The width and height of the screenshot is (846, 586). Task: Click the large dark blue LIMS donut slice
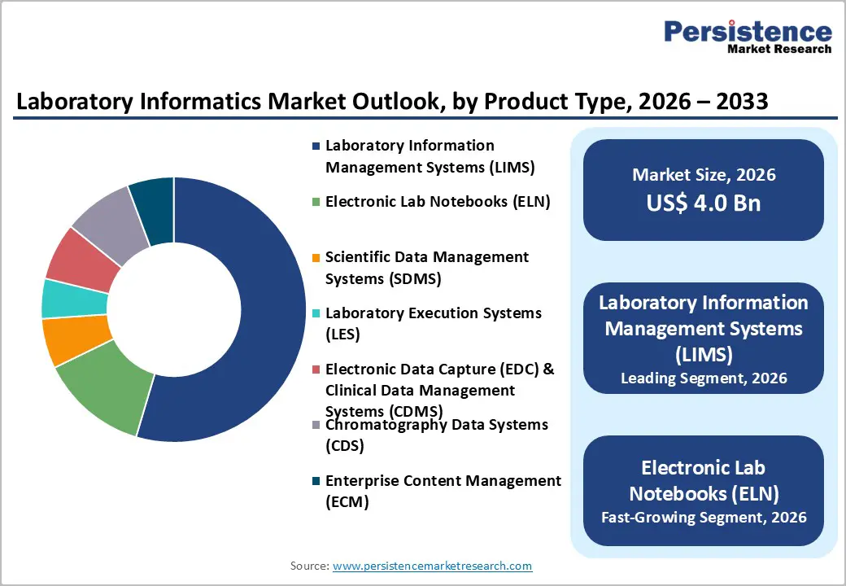click(260, 326)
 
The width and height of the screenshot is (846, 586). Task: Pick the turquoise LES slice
click(73, 299)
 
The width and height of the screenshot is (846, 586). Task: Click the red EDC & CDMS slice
click(82, 259)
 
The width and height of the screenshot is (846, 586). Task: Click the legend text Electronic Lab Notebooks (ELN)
click(438, 202)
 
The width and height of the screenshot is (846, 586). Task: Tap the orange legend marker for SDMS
click(315, 258)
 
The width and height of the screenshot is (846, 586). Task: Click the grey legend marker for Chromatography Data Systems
click(315, 426)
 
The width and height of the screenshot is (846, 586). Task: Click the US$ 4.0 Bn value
click(704, 203)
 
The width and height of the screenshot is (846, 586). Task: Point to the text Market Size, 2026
click(704, 175)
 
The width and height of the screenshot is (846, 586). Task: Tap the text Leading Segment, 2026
click(704, 378)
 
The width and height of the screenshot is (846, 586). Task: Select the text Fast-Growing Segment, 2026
click(704, 517)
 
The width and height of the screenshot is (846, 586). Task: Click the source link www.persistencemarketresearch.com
click(432, 566)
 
